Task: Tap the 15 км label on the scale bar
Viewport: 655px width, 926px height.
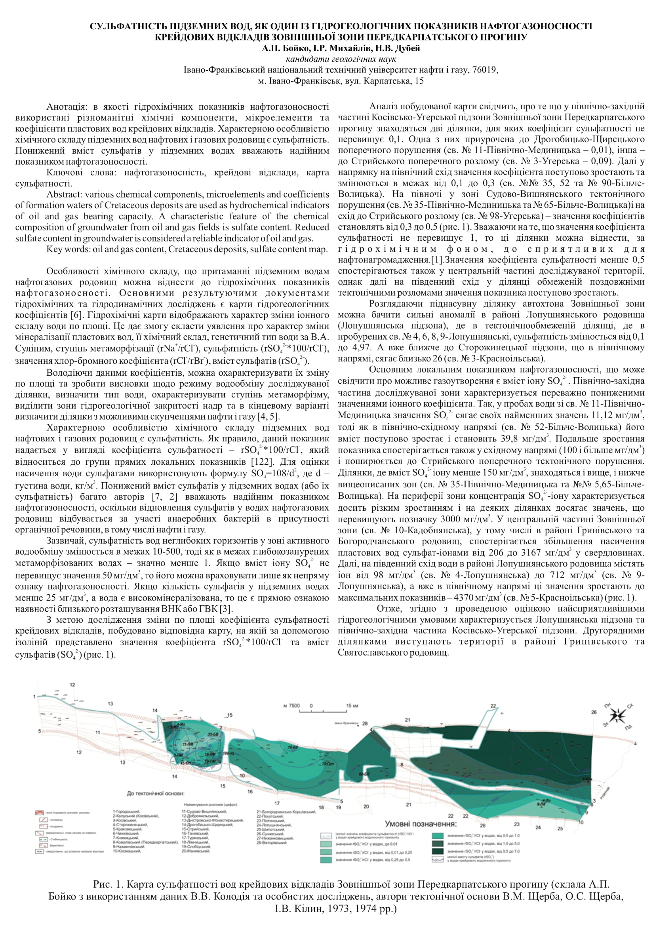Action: pyautogui.click(x=352, y=706)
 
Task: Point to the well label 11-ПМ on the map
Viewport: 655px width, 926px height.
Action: pyautogui.click(x=187, y=743)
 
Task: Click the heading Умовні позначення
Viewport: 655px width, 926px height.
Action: pyautogui.click(x=420, y=824)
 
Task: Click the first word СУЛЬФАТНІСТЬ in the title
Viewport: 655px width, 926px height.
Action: pyautogui.click(x=128, y=27)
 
